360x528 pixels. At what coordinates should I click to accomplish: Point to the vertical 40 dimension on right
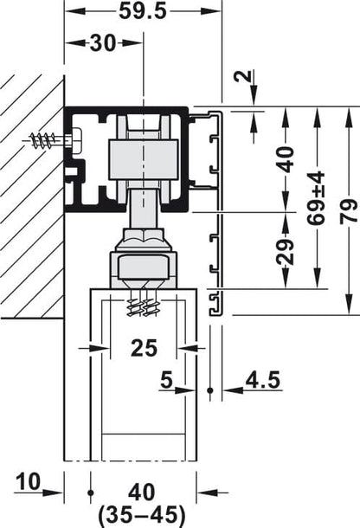click(287, 158)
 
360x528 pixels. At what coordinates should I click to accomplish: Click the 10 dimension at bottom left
click(27, 479)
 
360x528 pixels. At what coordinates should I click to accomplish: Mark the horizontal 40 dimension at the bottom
click(144, 492)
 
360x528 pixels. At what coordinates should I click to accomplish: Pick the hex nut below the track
click(144, 237)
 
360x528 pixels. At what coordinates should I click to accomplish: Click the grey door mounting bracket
click(145, 267)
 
